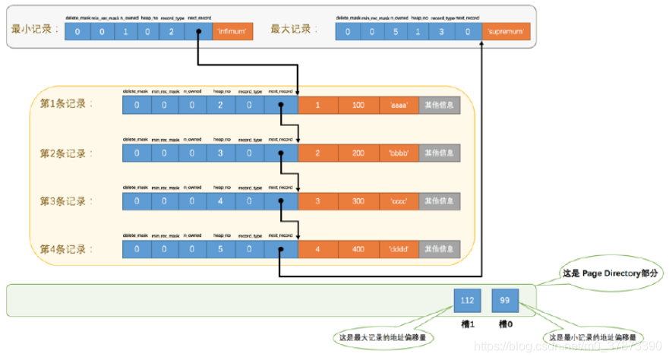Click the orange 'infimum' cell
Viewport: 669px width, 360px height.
click(231, 32)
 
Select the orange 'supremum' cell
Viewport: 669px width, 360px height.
click(506, 32)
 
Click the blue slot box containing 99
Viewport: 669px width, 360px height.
click(505, 301)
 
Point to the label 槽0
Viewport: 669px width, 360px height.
click(506, 324)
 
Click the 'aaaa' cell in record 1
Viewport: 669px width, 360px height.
click(399, 104)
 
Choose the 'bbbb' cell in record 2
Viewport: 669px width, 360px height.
click(399, 153)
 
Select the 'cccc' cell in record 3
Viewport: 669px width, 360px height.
click(399, 201)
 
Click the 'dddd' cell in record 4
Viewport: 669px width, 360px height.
click(399, 249)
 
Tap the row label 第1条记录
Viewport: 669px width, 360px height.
click(66, 104)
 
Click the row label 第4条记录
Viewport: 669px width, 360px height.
click(66, 249)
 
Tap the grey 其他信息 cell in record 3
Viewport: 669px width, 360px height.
click(440, 201)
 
